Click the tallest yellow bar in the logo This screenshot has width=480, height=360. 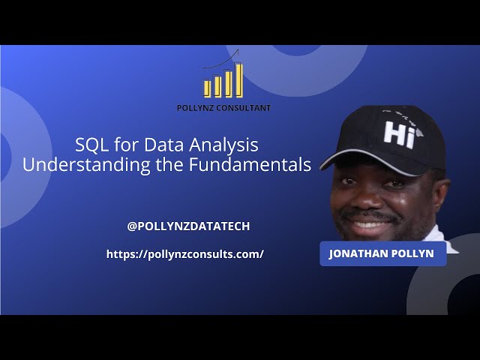[x=239, y=79]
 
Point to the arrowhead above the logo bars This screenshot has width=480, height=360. [x=237, y=51]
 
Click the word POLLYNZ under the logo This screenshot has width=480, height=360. [x=194, y=108]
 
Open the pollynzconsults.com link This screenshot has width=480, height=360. [x=185, y=254]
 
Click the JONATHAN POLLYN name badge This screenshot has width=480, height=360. [x=382, y=253]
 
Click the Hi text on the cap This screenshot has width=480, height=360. [x=399, y=132]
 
